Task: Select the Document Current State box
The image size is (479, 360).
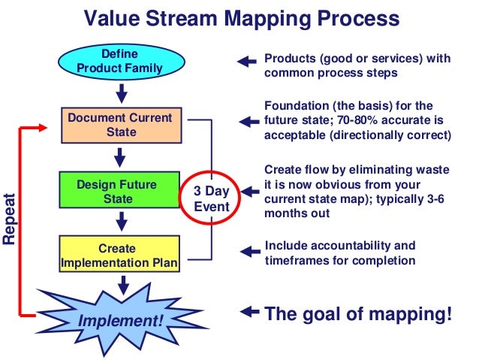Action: (x=119, y=125)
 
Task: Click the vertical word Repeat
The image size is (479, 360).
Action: (x=10, y=217)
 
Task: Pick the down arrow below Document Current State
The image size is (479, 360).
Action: (x=120, y=157)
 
